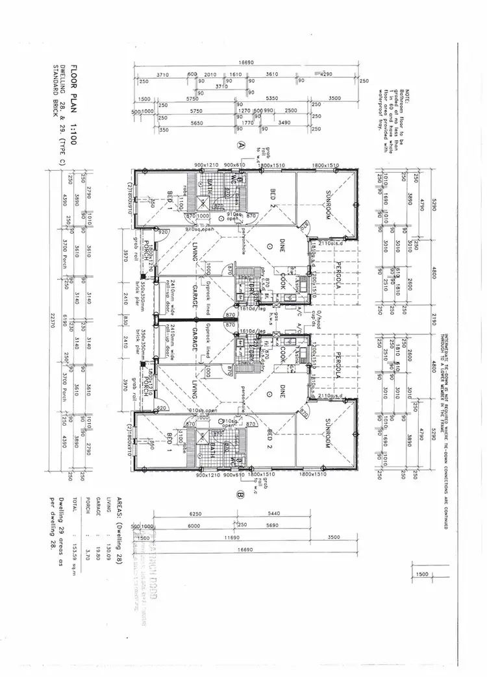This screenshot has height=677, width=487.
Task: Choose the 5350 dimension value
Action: [x=271, y=98]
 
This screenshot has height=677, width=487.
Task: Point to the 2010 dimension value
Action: [x=210, y=75]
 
